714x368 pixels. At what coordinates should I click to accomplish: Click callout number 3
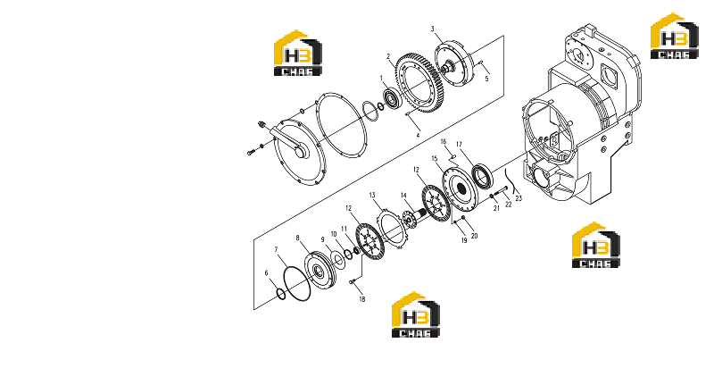[433, 29]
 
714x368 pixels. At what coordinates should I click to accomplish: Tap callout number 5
[486, 79]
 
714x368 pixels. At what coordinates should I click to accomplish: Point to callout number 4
[418, 135]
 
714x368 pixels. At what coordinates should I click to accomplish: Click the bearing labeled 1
[392, 98]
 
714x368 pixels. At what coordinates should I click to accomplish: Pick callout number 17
[459, 145]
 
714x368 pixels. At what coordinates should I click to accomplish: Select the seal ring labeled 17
[482, 175]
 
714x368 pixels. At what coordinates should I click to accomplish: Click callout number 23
[519, 198]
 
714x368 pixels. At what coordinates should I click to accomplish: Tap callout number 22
[509, 205]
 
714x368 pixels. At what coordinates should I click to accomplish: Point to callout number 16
[444, 142]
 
